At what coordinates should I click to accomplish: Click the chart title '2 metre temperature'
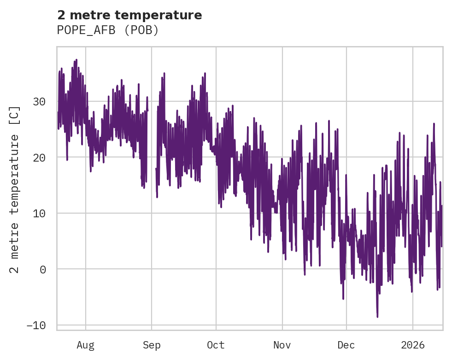129,15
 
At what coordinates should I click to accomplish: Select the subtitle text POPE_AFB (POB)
108,30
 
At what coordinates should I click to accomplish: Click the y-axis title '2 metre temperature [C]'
15,189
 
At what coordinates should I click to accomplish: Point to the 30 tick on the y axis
40,102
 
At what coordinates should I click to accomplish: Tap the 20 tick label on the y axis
40,157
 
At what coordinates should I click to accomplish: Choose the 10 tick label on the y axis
40,213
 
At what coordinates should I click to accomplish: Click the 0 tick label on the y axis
43,269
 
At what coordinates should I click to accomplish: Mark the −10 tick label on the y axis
36,325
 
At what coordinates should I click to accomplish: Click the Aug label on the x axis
86,345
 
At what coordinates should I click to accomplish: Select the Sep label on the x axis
152,345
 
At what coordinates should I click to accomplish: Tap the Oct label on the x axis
216,345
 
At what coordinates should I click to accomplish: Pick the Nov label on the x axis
282,345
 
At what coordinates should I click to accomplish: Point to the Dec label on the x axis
346,345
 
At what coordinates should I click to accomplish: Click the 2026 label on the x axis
412,345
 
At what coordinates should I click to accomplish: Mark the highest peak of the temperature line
76,60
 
